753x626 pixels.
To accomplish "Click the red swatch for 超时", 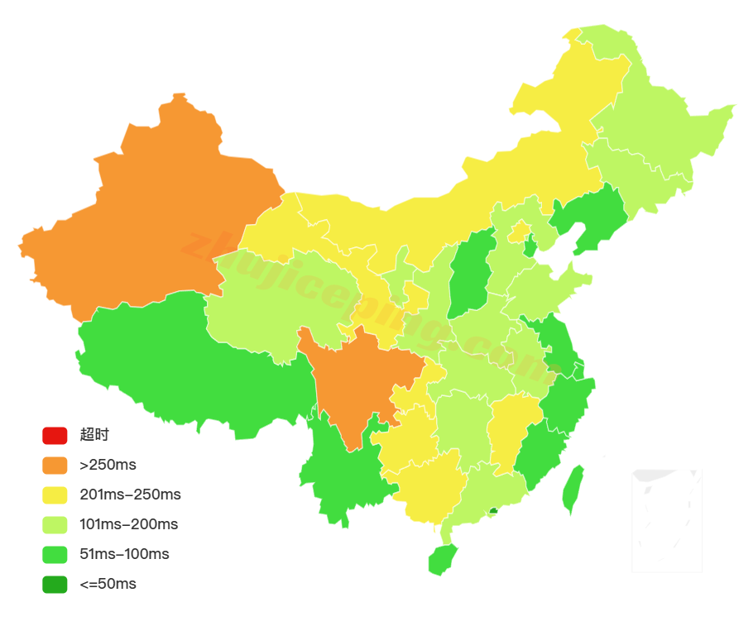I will point(55,435).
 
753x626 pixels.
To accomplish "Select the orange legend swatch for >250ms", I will point(55,465).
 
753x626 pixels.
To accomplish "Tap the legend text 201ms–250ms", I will point(130,495).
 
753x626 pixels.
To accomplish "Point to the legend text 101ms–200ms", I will point(128,524).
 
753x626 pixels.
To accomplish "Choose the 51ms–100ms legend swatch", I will point(55,554).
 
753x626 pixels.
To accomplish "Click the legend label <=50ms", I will point(108,584).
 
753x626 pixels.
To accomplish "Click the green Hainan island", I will point(443,561).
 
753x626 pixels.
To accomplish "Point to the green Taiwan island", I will point(572,490).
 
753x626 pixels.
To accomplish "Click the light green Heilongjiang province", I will point(662,124).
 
